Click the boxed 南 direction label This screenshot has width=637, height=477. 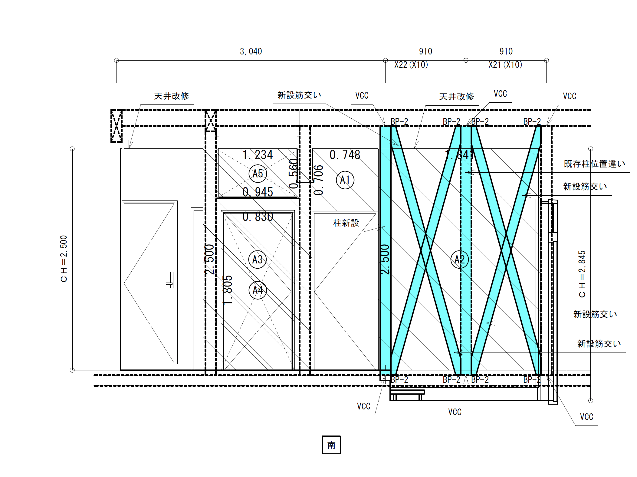pos(331,445)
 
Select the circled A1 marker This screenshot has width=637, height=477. pos(345,180)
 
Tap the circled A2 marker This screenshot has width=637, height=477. pos(459,259)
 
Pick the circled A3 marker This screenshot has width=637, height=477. pos(258,259)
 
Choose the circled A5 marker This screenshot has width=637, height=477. pos(258,173)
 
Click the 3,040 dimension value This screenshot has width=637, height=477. pos(251,51)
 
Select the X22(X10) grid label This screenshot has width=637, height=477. pos(411,65)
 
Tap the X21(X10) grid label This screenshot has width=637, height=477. pos(505,65)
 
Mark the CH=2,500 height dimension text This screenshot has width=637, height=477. pos(64,259)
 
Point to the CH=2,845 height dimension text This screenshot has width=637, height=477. pos(582,274)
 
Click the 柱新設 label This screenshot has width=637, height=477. pos(346,223)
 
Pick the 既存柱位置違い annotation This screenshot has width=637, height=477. pos(594,164)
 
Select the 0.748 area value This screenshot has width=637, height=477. pos(345,155)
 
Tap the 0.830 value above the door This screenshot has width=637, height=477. pos(258,217)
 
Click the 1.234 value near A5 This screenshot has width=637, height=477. pos(258,155)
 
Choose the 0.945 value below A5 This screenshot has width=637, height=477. pos(258,192)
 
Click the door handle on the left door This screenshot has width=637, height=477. pos(171,280)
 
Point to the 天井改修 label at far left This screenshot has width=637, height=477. pos(171,96)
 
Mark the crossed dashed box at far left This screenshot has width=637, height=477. pos(117,126)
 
